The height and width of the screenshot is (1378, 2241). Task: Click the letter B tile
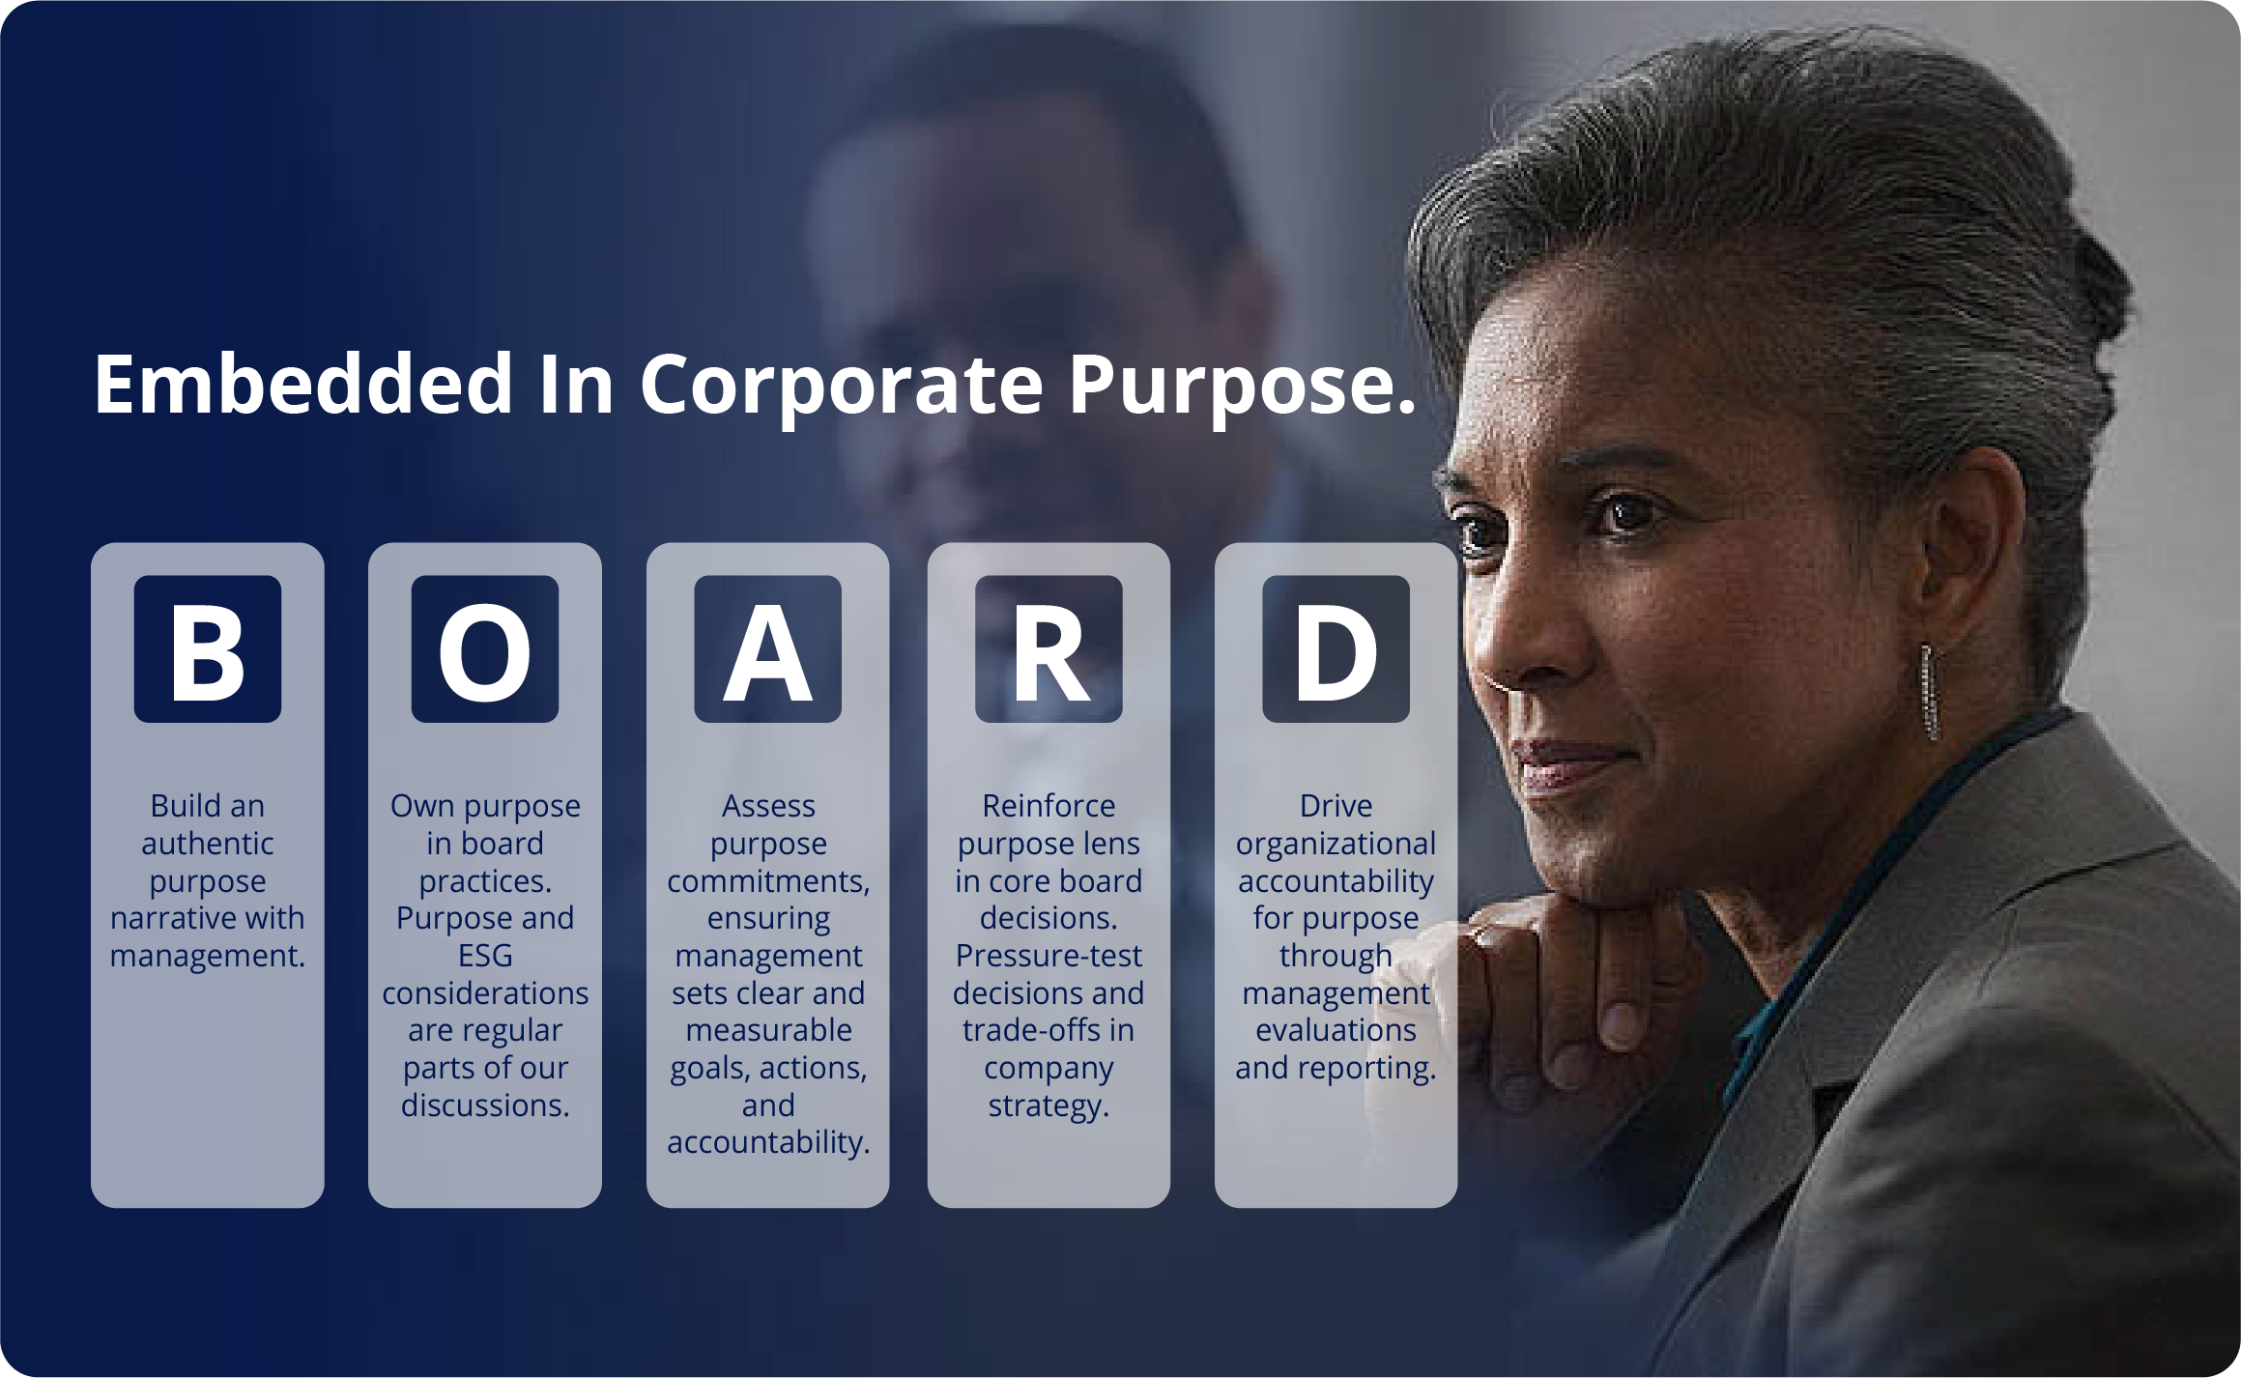[x=208, y=649]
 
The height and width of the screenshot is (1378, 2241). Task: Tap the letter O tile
[x=485, y=649]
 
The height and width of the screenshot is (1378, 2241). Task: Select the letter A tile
[x=768, y=649]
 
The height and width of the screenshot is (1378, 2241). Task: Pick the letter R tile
[x=1049, y=649]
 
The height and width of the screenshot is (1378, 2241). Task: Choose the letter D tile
[x=1336, y=649]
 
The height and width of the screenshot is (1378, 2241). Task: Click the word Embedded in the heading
[x=303, y=385]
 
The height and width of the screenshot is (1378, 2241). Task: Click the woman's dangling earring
[x=1929, y=692]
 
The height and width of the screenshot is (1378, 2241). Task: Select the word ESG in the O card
[x=485, y=956]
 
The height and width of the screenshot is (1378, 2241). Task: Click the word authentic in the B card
[x=208, y=844]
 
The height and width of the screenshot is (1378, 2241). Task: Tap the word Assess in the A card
[x=768, y=806]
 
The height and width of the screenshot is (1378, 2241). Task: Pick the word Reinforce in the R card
[x=1049, y=806]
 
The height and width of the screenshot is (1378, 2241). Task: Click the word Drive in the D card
[x=1336, y=806]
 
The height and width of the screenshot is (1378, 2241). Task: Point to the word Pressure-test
[x=1049, y=956]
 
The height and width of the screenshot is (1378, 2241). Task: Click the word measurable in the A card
[x=768, y=1030]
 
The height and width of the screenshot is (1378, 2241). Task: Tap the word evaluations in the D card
[x=1336, y=1030]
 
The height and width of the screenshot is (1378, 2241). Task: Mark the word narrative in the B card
[x=168, y=918]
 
